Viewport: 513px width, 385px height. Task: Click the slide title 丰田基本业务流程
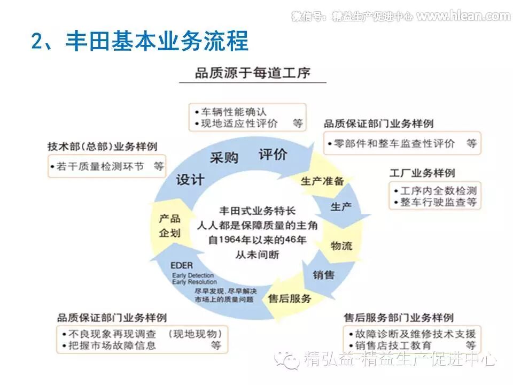pyautogui.click(x=140, y=41)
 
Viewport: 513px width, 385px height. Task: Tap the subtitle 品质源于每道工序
pyautogui.click(x=252, y=73)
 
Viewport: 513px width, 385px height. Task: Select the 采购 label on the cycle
pyautogui.click(x=223, y=157)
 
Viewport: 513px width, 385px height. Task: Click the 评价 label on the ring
pyautogui.click(x=273, y=155)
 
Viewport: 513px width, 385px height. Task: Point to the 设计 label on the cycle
pyautogui.click(x=190, y=180)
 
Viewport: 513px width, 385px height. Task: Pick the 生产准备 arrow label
pyautogui.click(x=322, y=180)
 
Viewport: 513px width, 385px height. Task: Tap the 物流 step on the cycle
pyautogui.click(x=341, y=245)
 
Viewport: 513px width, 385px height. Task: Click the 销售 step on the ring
pyautogui.click(x=323, y=275)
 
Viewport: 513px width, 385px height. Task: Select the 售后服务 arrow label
pyautogui.click(x=290, y=298)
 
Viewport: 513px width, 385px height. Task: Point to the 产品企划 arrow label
pyautogui.click(x=169, y=226)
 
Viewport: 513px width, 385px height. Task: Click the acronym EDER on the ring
pyautogui.click(x=182, y=265)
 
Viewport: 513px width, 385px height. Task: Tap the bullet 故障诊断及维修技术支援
pyautogui.click(x=411, y=333)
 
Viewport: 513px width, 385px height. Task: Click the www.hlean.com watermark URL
pyautogui.click(x=463, y=16)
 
